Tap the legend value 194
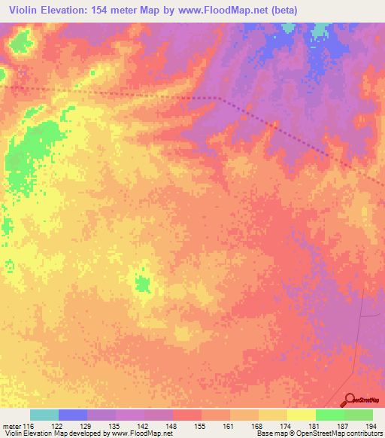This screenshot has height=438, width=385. pyautogui.click(x=371, y=426)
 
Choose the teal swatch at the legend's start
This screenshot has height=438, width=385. pyautogui.click(x=44, y=415)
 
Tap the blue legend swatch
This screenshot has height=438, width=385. pyautogui.click(x=73, y=415)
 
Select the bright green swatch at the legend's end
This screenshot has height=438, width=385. pyautogui.click(x=359, y=415)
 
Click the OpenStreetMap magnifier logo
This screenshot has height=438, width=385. pyautogui.click(x=350, y=400)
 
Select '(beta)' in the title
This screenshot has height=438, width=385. pyautogui.click(x=286, y=11)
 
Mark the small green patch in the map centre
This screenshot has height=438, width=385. pyautogui.click(x=142, y=284)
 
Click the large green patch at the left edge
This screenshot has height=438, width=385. pyautogui.click(x=26, y=154)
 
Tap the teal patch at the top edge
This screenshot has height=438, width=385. pyautogui.click(x=321, y=30)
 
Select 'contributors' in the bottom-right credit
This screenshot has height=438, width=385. pyautogui.click(x=364, y=434)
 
